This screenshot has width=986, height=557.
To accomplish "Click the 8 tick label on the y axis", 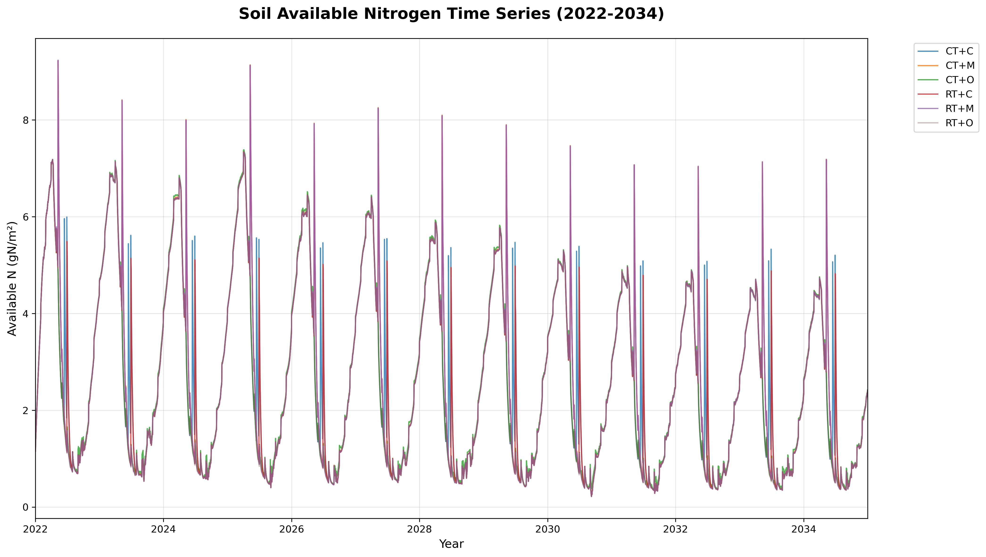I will [26, 120].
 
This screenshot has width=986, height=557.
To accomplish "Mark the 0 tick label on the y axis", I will [26, 507].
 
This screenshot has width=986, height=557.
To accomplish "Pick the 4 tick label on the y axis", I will [26, 314].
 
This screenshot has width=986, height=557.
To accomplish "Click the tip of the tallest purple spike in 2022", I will [58, 61].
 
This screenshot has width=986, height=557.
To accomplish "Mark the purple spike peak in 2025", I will [250, 65].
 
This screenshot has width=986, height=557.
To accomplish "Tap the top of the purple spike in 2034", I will [826, 159].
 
